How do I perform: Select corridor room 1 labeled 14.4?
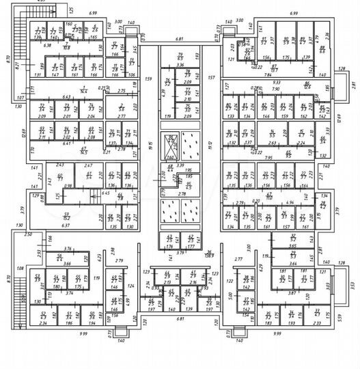(83, 90)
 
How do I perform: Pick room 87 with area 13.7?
(274, 68)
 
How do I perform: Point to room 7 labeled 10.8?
(66, 46)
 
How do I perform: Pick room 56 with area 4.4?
(59, 258)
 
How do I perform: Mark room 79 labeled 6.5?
(181, 57)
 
